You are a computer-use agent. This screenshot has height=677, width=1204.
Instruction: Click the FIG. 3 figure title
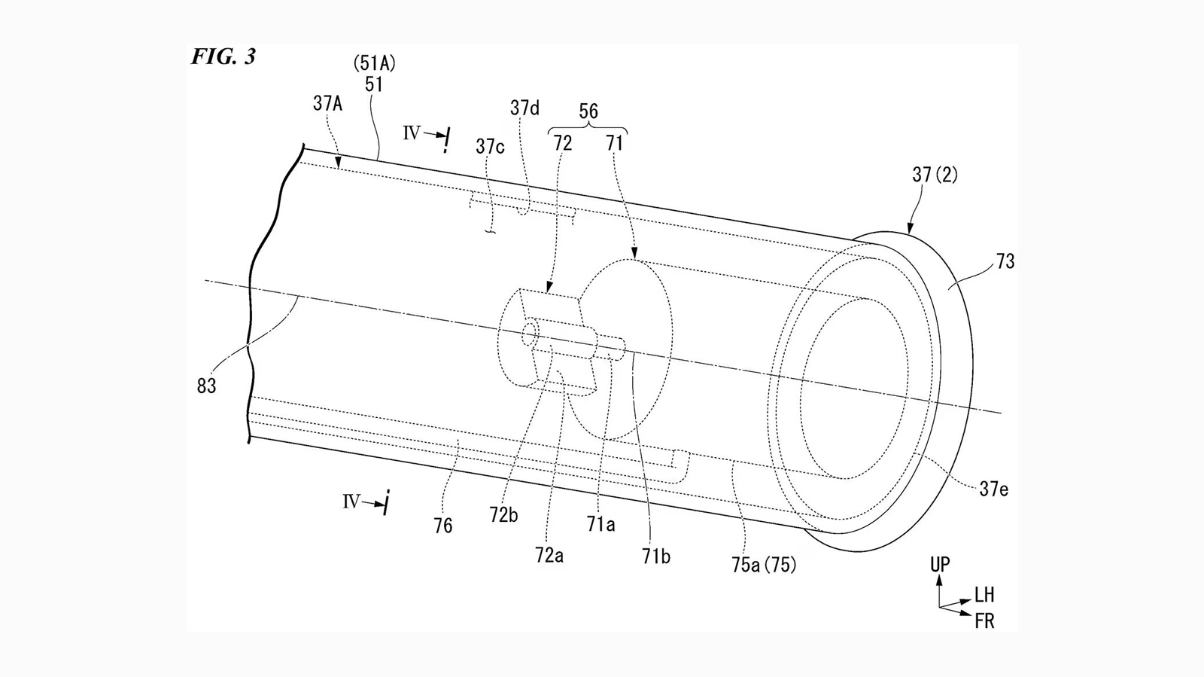223,56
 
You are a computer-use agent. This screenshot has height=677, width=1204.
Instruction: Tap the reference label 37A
327,103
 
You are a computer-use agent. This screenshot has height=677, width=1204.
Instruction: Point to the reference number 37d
524,108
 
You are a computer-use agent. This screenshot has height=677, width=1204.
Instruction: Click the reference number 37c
490,146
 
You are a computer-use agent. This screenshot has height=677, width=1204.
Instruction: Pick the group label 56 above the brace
588,111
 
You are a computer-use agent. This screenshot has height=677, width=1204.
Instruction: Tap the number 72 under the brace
563,143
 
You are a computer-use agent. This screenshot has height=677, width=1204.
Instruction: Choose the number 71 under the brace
614,143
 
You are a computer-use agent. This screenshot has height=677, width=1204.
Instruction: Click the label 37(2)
935,175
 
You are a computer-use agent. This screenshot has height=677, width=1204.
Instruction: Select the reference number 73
1005,261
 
